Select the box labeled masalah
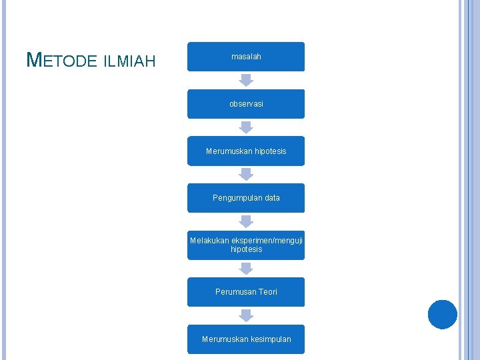(246, 57)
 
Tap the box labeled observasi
(246, 104)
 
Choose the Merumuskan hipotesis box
(246, 151)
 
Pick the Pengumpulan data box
(246, 198)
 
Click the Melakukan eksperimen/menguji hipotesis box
(246, 245)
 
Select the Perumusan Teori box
(246, 292)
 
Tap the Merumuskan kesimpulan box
(246, 339)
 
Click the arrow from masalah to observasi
(246, 80)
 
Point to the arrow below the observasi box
(246, 127)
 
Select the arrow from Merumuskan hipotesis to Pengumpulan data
(246, 174)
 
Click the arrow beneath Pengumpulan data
(246, 221)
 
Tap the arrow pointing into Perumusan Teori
(246, 268)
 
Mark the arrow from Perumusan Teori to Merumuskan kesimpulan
(246, 315)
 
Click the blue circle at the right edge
(442, 315)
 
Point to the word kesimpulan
(269, 339)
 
